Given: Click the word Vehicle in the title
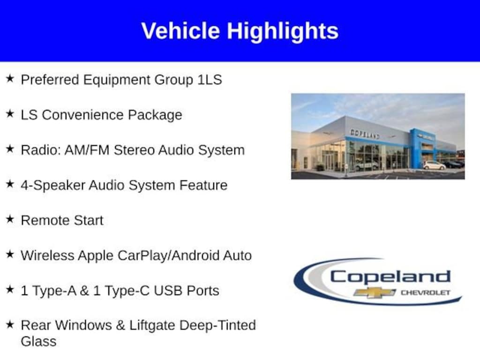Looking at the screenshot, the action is pos(180,30).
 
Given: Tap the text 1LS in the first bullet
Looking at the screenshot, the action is pos(210,80).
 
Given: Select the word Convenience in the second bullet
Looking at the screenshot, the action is pos(82,115).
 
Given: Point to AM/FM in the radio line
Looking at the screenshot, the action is pos(87,150).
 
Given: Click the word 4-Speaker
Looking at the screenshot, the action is pos(53,186).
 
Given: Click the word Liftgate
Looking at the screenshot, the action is pos(152,325).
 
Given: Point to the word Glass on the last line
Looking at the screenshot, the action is pos(38,341).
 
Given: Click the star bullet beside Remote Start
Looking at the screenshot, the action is pos(10,219).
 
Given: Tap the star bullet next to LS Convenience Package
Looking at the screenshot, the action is pos(10,114).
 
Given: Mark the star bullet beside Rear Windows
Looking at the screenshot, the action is pos(10,324).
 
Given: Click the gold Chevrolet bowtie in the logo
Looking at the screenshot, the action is pos(375,292).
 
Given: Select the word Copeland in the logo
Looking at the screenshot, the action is pos(390,277).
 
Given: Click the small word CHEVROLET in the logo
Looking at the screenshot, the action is pos(426,292).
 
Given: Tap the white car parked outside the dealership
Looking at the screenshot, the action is pos(435,165).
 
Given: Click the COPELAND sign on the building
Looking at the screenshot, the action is pos(365,134).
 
